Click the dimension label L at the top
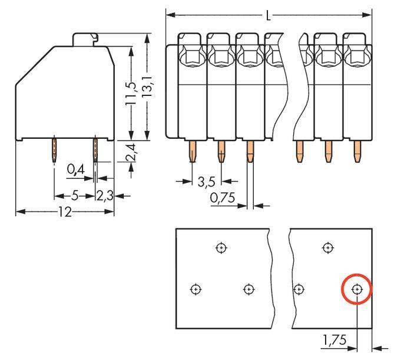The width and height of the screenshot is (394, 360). [x=269, y=15]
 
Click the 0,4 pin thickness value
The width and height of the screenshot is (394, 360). [x=76, y=170]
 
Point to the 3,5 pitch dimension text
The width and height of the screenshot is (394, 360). [x=206, y=181]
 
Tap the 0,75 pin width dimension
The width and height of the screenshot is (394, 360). [x=222, y=198]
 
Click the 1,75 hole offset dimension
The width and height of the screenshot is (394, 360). [x=334, y=340]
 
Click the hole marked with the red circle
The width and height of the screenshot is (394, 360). [x=357, y=289]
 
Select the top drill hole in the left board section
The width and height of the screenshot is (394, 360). [x=221, y=248]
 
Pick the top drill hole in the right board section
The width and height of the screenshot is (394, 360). [x=327, y=248]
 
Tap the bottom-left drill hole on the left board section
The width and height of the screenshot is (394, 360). [x=196, y=289]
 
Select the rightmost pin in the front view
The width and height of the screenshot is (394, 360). [x=357, y=152]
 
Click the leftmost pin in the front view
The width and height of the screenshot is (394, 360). [x=193, y=152]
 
